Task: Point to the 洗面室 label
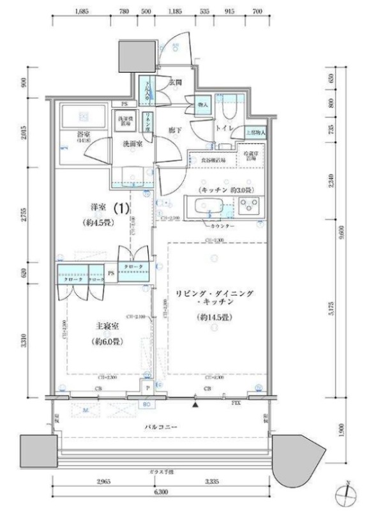(133, 144)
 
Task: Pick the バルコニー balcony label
(162, 426)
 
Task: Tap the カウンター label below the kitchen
(220, 227)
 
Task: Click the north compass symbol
(345, 493)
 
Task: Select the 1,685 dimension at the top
(80, 11)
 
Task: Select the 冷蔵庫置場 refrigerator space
(250, 157)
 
